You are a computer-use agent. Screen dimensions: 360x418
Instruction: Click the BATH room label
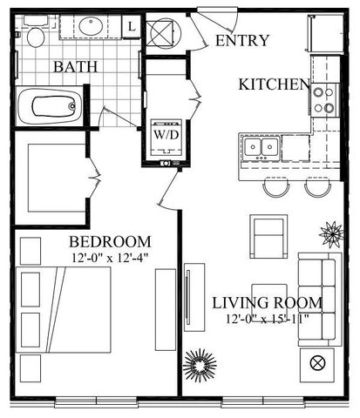pyautogui.click(x=75, y=66)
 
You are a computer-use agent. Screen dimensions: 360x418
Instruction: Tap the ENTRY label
pyautogui.click(x=242, y=40)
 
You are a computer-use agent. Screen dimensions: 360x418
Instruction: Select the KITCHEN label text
pyautogui.click(x=275, y=84)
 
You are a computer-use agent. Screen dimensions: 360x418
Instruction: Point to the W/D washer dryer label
pyautogui.click(x=166, y=135)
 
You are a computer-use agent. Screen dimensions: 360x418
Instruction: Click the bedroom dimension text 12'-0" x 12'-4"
pyautogui.click(x=110, y=258)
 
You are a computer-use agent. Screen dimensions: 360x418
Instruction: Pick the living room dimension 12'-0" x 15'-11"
pyautogui.click(x=267, y=320)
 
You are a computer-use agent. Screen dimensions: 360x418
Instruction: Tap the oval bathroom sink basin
pyautogui.click(x=91, y=26)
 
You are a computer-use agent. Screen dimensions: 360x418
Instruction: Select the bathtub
pyautogui.click(x=50, y=106)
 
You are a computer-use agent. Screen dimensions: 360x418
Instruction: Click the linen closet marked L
pyautogui.click(x=132, y=27)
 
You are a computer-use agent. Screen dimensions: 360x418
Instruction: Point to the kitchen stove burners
pyautogui.click(x=324, y=100)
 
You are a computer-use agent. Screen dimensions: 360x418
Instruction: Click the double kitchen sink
pyautogui.click(x=261, y=147)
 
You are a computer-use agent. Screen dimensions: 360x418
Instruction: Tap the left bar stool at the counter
pyautogui.click(x=276, y=187)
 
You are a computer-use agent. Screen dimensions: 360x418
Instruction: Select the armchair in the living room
pyautogui.click(x=268, y=236)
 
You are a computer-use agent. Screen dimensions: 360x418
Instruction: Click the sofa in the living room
pyautogui.click(x=320, y=300)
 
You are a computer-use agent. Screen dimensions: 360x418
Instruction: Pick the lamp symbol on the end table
pyautogui.click(x=317, y=363)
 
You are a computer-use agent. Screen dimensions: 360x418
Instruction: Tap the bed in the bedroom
pyautogui.click(x=64, y=310)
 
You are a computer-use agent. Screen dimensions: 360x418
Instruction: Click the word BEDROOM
pyautogui.click(x=110, y=242)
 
